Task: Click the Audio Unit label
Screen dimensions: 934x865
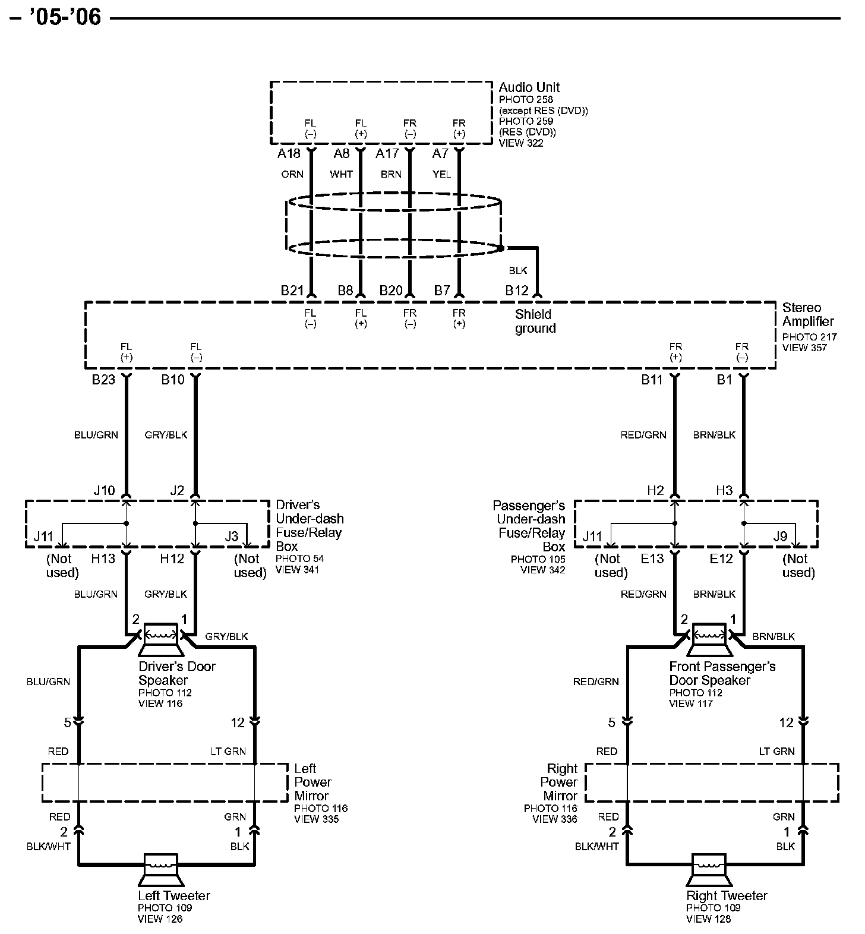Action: [529, 87]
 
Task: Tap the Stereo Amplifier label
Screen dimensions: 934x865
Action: [809, 314]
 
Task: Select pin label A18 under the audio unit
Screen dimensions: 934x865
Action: [289, 154]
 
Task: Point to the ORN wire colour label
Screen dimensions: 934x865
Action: [292, 174]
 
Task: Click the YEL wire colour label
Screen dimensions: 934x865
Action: [441, 174]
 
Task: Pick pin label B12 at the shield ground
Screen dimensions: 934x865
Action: [516, 291]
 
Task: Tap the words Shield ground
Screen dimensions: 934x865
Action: [535, 321]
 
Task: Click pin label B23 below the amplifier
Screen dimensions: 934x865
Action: [103, 379]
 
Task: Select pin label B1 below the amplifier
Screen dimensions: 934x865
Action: [724, 379]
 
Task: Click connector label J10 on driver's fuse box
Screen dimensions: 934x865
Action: [104, 491]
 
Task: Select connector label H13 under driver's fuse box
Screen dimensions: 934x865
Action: [103, 558]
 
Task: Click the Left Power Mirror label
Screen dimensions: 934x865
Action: [312, 782]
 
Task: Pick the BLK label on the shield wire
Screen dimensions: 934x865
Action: [518, 270]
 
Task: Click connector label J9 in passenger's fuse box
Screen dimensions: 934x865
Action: [780, 537]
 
